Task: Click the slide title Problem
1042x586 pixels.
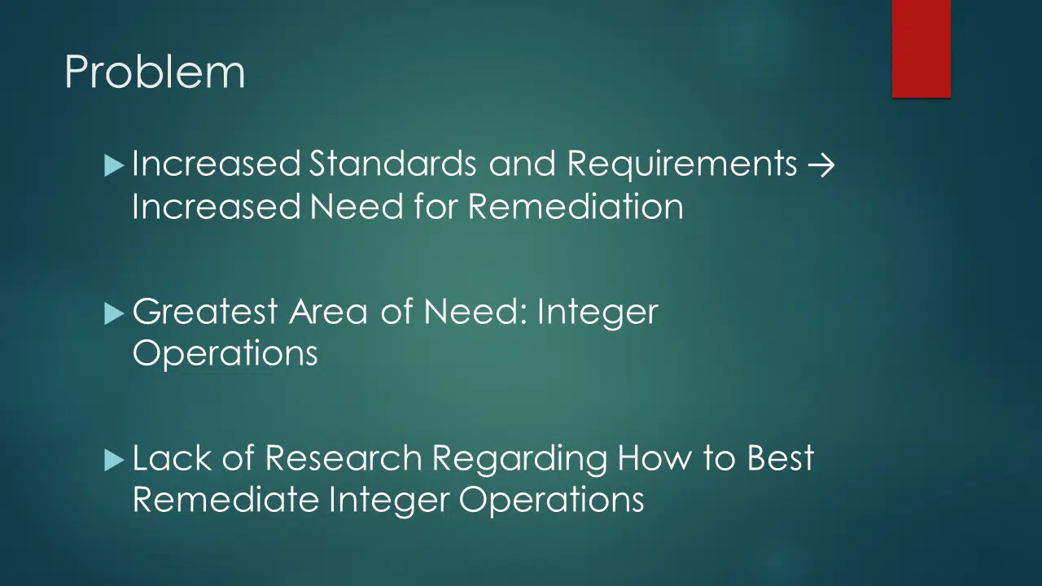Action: pyautogui.click(x=155, y=72)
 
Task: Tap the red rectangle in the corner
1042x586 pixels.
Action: pyautogui.click(x=921, y=48)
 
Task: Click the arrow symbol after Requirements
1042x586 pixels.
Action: pyautogui.click(x=821, y=164)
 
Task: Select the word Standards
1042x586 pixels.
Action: pyautogui.click(x=393, y=164)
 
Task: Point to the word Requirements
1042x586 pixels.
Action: pyautogui.click(x=682, y=164)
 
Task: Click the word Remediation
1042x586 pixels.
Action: pyautogui.click(x=576, y=207)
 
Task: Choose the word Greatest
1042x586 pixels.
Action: pyautogui.click(x=205, y=311)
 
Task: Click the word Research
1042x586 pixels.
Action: pyautogui.click(x=344, y=457)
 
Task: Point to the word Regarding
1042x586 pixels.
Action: pyautogui.click(x=519, y=459)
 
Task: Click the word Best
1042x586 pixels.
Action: pyautogui.click(x=781, y=457)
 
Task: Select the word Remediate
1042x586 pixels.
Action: pyautogui.click(x=226, y=500)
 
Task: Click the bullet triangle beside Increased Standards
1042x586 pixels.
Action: pyautogui.click(x=114, y=166)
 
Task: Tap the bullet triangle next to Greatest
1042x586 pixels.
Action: pyautogui.click(x=114, y=314)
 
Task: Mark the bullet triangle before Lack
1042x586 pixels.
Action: pyautogui.click(x=114, y=461)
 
